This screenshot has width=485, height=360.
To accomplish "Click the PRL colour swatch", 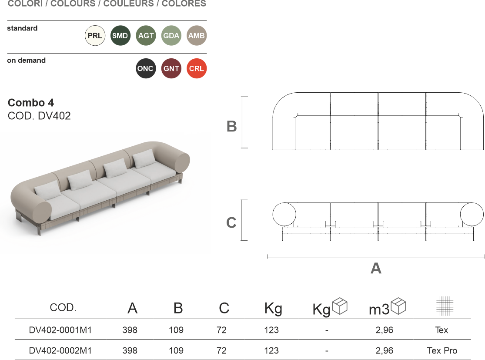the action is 95,36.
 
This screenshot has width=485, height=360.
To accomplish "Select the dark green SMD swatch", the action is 120,36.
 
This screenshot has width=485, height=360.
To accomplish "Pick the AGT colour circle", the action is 146,36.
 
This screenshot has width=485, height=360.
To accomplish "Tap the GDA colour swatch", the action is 171,36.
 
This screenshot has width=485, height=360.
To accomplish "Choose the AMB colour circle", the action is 197,36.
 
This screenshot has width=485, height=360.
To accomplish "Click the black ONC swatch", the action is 146,68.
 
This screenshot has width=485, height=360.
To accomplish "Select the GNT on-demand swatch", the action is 171,68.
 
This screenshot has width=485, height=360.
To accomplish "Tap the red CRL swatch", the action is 197,68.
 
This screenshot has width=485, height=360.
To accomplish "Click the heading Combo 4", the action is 31,102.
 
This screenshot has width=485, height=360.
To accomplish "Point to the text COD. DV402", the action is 39,116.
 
